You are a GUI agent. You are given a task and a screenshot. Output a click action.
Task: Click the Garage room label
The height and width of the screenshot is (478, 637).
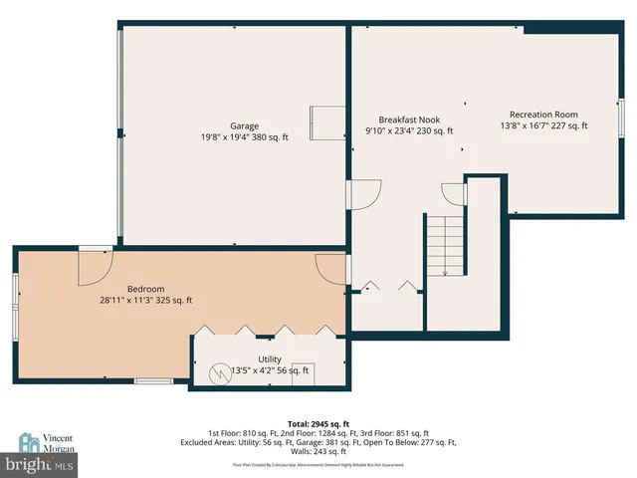[245, 126]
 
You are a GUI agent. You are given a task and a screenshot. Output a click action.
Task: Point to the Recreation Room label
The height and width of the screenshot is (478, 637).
[543, 115]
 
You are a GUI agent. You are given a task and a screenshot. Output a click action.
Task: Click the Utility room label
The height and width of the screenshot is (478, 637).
[270, 358]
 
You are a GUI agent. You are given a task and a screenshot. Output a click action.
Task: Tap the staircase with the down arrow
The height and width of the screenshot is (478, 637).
[445, 246]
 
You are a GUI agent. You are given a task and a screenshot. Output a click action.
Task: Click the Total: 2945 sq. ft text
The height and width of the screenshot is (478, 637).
[318, 423]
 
